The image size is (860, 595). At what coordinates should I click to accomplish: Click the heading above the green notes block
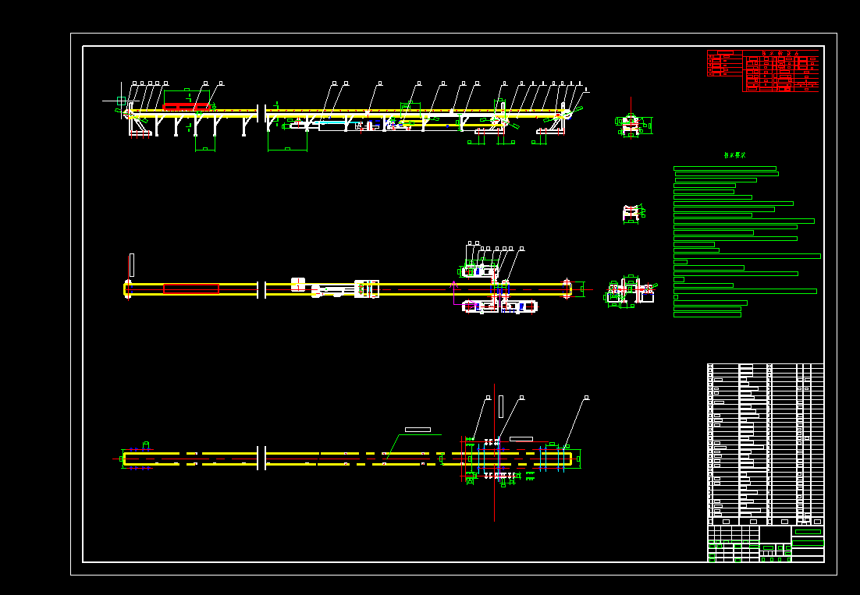(x=734, y=155)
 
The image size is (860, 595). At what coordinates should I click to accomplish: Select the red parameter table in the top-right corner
(x=763, y=71)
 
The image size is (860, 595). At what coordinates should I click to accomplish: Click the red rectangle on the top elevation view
(x=186, y=105)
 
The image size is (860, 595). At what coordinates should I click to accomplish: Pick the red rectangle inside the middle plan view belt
(x=191, y=289)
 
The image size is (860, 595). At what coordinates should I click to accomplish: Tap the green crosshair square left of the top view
(x=121, y=101)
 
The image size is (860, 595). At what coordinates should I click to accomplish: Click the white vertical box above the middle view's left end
(x=131, y=264)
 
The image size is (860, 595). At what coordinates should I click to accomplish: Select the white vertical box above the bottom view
(x=501, y=406)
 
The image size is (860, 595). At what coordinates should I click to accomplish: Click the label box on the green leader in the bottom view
(x=418, y=430)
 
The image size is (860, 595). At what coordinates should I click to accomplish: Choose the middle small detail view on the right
(x=633, y=212)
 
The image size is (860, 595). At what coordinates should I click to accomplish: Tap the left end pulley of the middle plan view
(x=127, y=289)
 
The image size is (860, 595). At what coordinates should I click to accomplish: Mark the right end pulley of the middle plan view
(x=567, y=289)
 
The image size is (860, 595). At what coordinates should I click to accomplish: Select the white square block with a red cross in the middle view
(x=298, y=285)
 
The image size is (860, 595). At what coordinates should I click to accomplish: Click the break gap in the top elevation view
(x=261, y=117)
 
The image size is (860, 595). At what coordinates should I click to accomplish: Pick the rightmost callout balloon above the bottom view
(x=586, y=398)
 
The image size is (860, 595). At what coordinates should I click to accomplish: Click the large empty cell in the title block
(x=774, y=534)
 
